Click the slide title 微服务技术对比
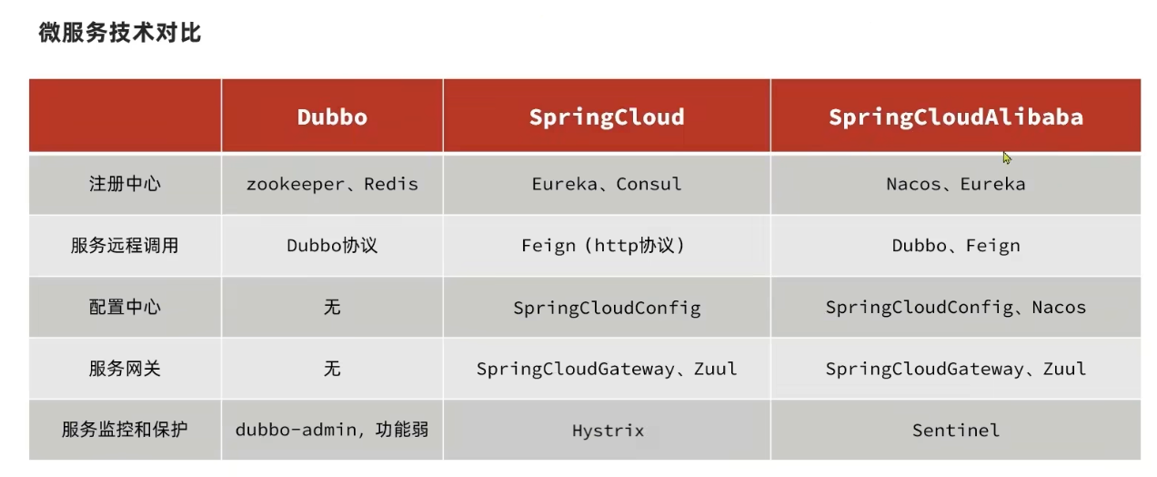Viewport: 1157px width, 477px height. [x=120, y=34]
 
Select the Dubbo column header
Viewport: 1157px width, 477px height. [x=332, y=117]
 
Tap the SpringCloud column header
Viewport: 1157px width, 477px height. [x=607, y=117]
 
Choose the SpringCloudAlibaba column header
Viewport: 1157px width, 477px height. [x=955, y=117]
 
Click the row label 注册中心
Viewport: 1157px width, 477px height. [x=125, y=184]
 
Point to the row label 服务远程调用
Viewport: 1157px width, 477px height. [x=125, y=246]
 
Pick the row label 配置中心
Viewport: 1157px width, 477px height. [x=125, y=308]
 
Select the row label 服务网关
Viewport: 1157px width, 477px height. [x=125, y=369]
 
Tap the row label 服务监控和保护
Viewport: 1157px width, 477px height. [x=125, y=430]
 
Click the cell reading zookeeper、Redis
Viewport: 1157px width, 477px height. [x=332, y=184]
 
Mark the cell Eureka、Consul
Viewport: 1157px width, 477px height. [x=607, y=184]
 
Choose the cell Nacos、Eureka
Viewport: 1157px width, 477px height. [x=955, y=184]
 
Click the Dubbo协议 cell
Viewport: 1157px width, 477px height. [x=332, y=246]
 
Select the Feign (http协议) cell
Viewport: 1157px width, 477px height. [x=607, y=246]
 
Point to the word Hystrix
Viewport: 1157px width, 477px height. [x=608, y=431]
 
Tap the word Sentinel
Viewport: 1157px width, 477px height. [x=955, y=431]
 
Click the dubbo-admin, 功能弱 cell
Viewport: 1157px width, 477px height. [x=332, y=430]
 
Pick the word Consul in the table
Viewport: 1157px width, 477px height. [x=649, y=184]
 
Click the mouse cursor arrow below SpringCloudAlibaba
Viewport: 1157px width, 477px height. [x=1007, y=157]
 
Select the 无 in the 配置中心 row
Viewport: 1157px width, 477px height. [x=332, y=308]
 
